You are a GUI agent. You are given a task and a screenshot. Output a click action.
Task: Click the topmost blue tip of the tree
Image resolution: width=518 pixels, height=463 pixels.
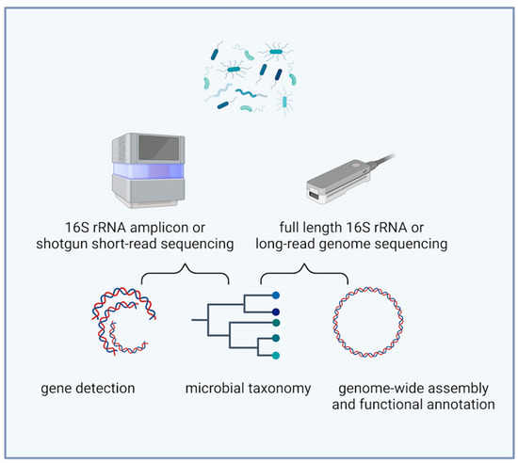point(274,295)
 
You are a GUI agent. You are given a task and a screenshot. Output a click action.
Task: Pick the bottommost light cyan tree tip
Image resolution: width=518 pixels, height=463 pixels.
point(274,357)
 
